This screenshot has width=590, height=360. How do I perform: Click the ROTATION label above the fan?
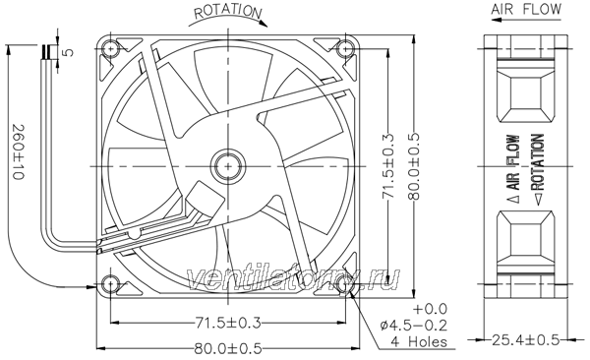pyautogui.click(x=228, y=11)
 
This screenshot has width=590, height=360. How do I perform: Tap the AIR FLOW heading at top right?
pyautogui.click(x=526, y=9)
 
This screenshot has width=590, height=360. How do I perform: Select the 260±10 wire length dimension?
pyautogui.click(x=18, y=151)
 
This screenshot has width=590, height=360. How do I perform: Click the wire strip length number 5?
pyautogui.click(x=69, y=52)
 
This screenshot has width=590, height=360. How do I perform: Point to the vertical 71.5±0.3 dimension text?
pyautogui.click(x=388, y=165)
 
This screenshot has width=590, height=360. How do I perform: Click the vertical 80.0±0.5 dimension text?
pyautogui.click(x=414, y=165)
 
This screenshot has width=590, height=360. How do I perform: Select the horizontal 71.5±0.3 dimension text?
pyautogui.click(x=228, y=323)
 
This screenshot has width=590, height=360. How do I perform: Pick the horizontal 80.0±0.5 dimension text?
pyautogui.click(x=228, y=349)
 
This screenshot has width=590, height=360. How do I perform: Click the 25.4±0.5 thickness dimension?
pyautogui.click(x=526, y=340)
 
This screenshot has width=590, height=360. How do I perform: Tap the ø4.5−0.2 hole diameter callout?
pyautogui.click(x=414, y=325)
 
